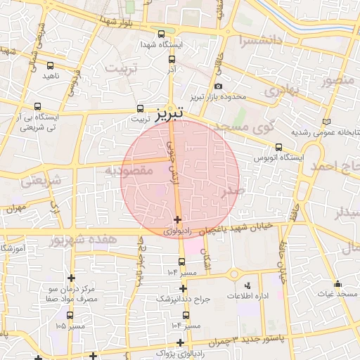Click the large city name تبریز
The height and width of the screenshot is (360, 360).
click(x=169, y=112)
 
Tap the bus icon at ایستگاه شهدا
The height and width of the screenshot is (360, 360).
click(x=161, y=34)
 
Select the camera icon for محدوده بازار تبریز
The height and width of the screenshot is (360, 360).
click(x=219, y=86)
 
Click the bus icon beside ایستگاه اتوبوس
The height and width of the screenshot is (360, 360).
click(x=279, y=147)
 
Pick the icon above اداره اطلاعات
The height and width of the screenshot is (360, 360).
click(x=247, y=285)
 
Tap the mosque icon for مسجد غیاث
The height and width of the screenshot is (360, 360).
click(x=340, y=284)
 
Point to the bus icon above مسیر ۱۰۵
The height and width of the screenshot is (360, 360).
click(x=70, y=315)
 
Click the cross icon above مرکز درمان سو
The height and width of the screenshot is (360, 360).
click(x=71, y=278)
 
